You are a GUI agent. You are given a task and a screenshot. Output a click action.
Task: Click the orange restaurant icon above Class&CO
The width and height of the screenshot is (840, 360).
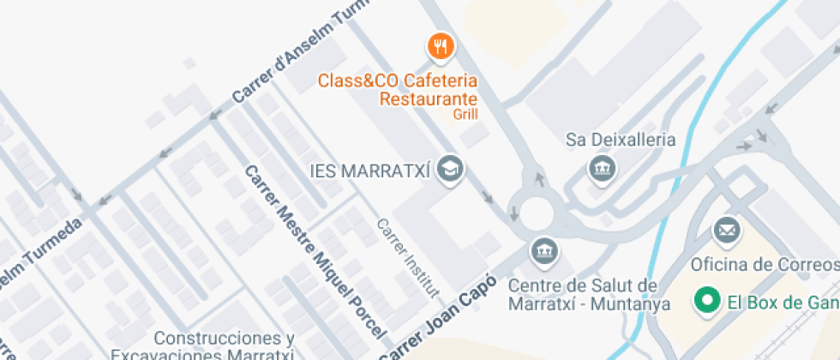coord(441,46)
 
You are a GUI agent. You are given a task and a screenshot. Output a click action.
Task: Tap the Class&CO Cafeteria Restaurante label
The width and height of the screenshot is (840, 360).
coord(397,89)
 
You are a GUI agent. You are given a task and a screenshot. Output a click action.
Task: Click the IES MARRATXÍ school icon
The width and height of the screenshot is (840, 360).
coord(448,169)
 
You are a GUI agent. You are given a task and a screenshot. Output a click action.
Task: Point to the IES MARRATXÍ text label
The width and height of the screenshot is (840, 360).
coord(369,170)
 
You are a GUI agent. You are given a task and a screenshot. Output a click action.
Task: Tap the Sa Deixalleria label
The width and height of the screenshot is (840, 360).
coord(621,140)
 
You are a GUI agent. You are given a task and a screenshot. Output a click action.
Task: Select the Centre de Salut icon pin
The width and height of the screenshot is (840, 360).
coord(543,251)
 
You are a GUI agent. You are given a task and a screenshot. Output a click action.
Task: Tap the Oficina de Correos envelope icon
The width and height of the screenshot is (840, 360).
coord(727,230)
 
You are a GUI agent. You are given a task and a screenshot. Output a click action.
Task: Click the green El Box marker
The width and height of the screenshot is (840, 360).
coord(707,301)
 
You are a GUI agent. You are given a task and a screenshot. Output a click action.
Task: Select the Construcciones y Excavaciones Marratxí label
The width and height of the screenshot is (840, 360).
coord(224,346)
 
